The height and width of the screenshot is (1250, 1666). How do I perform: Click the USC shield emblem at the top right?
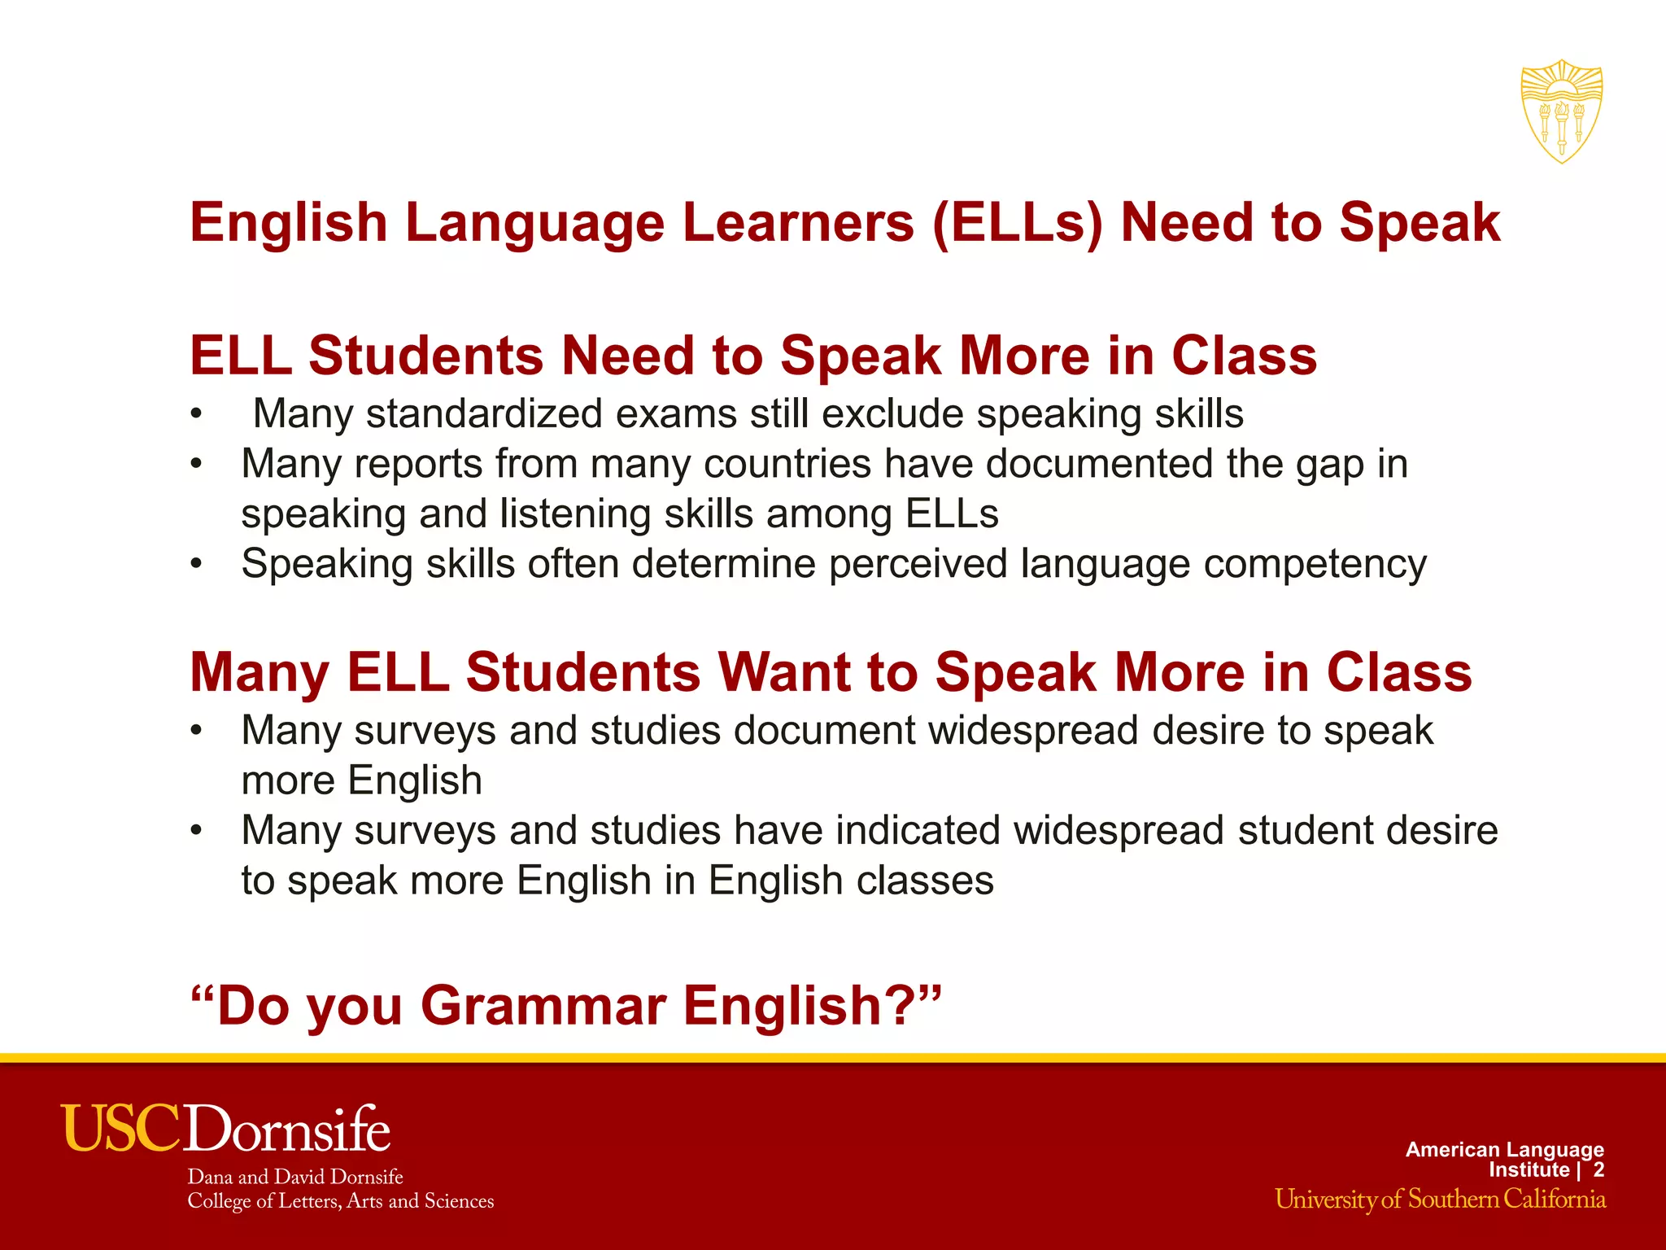tap(1561, 111)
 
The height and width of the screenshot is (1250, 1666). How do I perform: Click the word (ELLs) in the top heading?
tap(1018, 222)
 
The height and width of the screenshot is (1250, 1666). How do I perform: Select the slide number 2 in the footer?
tap(1598, 1169)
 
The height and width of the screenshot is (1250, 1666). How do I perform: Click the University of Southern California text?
tap(1440, 1200)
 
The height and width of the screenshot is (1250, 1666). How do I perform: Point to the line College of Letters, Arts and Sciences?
tap(340, 1201)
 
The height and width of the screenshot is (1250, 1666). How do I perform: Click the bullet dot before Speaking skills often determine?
tap(195, 563)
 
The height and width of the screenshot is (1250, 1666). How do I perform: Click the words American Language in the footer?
tap(1504, 1149)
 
